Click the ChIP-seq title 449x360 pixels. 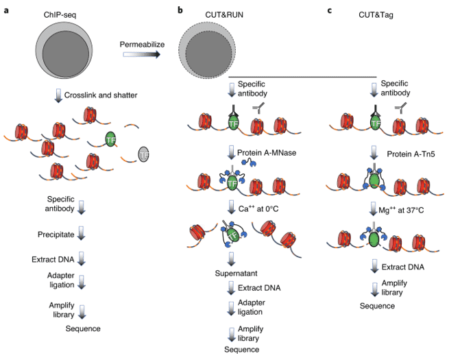click(60, 15)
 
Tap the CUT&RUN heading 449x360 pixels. click(224, 15)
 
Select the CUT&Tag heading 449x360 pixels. click(376, 15)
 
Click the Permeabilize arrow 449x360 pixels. click(142, 54)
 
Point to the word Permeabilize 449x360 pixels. click(142, 45)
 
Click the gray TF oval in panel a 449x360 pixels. click(143, 154)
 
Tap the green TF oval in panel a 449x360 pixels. click(110, 139)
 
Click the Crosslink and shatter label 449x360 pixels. click(101, 95)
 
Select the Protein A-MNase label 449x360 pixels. click(267, 153)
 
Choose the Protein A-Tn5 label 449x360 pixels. click(411, 154)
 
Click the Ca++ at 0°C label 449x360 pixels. click(258, 208)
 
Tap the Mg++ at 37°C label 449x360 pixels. click(401, 210)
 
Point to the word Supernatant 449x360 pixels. click(236, 273)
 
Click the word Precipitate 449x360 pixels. click(56, 235)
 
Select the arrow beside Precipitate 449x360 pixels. click(82, 233)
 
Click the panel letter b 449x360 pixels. click(180, 10)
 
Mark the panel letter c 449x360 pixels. click(330, 11)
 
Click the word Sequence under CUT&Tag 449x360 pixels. click(377, 306)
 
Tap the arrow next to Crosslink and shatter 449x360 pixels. click(59, 95)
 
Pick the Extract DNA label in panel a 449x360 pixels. click(53, 259)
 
